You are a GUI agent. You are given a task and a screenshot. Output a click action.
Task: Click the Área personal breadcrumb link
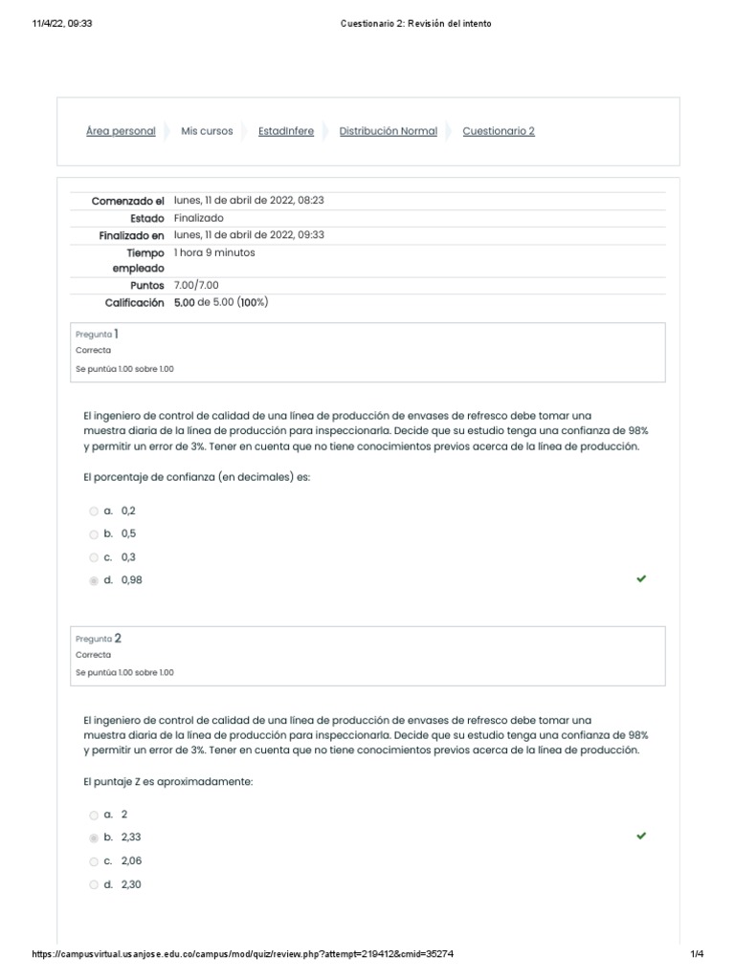click(121, 132)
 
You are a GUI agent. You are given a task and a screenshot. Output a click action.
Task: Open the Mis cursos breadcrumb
click(207, 132)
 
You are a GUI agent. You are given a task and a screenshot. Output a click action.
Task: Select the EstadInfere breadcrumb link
click(286, 132)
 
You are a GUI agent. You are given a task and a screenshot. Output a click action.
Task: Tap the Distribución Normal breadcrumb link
click(389, 132)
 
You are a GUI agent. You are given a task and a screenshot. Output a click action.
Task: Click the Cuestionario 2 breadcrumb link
click(499, 132)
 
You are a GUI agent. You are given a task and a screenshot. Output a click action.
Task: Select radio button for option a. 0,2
click(94, 511)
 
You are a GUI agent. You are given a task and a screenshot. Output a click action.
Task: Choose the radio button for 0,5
click(94, 534)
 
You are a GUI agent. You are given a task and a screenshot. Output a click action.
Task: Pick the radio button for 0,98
click(94, 580)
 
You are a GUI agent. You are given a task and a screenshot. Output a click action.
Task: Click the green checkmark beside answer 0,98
click(641, 578)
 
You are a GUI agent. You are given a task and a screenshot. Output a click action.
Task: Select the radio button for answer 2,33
click(94, 838)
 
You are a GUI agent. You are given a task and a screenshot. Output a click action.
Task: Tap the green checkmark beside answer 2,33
click(641, 836)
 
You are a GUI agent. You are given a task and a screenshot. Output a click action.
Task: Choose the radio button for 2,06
click(94, 861)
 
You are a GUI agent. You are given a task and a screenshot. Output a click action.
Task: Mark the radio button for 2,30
click(94, 885)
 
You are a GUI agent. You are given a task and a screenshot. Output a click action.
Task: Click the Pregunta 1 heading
click(97, 335)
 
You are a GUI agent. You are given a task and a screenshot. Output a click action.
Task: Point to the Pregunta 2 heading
click(98, 639)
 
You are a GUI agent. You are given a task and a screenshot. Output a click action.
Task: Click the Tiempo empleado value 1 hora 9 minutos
click(214, 253)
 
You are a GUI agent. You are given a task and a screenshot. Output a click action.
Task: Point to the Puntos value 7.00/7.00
click(196, 286)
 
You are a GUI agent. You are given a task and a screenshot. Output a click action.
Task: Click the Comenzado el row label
click(128, 202)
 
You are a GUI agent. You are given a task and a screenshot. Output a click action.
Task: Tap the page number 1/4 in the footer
click(697, 954)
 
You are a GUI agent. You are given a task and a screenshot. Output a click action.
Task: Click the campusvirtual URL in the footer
click(250, 954)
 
